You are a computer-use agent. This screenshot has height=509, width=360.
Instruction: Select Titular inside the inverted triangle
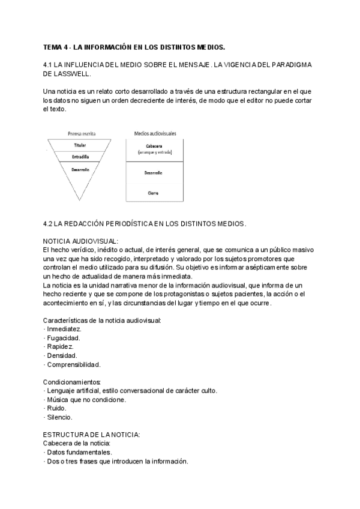[80, 145]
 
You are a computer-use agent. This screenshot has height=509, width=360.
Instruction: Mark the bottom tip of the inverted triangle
[80, 201]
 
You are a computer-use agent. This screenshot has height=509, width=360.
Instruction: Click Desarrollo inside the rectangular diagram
[154, 173]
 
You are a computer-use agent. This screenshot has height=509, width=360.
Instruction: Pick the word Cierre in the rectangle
[154, 193]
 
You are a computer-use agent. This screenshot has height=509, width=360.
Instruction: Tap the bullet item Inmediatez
[64, 330]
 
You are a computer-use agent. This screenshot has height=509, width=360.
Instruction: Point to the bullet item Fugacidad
[64, 338]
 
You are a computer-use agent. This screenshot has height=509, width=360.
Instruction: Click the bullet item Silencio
[59, 417]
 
